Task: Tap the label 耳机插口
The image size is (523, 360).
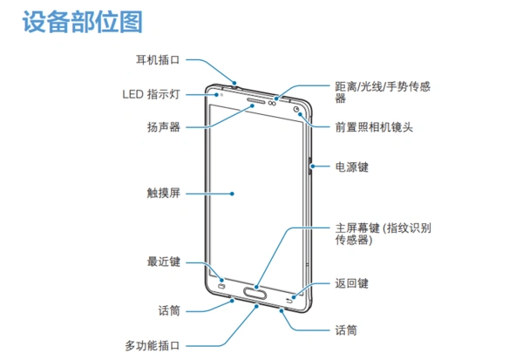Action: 157,61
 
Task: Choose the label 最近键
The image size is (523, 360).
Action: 163,262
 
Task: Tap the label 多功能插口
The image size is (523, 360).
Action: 151,345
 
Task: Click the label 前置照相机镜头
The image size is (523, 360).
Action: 374,126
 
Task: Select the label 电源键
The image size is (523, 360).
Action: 352,166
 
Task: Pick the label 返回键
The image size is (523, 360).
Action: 352,283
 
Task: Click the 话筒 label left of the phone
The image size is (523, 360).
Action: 169,309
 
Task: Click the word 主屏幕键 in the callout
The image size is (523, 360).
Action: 356,228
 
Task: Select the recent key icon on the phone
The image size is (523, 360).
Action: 222,285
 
